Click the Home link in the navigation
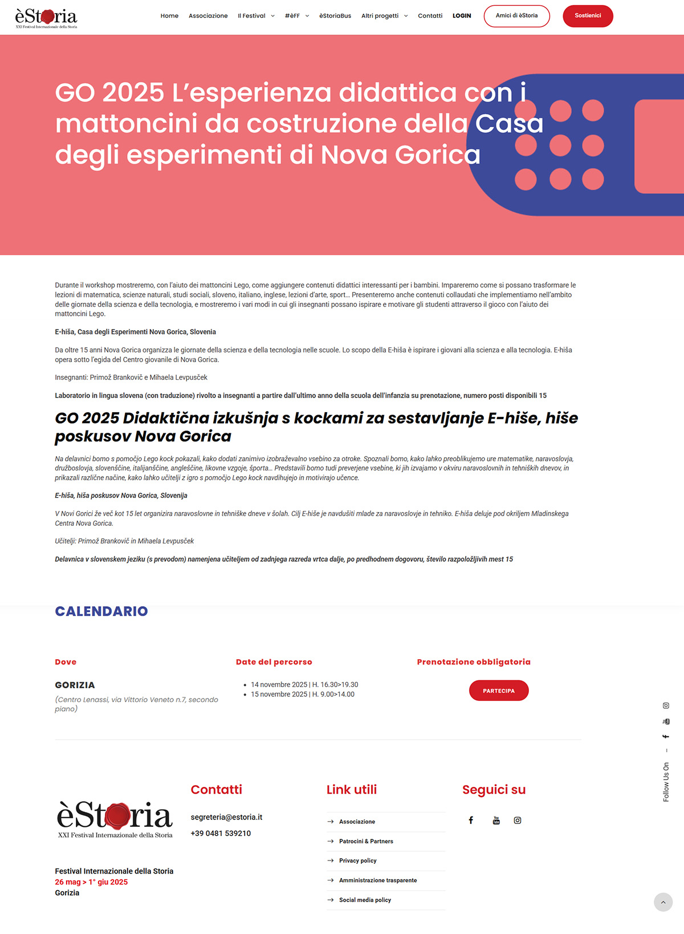point(169,16)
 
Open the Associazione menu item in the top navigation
point(208,16)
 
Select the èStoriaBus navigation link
point(335,16)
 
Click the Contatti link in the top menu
point(430,16)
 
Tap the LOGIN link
point(462,16)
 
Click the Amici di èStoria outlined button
point(516,16)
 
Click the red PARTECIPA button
point(499,691)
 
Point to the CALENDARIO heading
point(101,611)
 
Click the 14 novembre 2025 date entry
point(304,685)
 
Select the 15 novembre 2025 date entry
point(302,695)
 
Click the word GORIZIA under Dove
point(75,685)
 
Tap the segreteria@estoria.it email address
point(226,817)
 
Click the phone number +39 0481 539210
point(221,833)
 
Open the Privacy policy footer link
point(357,860)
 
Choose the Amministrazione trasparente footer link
point(377,880)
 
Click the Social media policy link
point(365,900)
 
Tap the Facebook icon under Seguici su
point(471,821)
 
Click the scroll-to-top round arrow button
point(663,902)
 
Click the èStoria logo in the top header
point(46,18)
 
